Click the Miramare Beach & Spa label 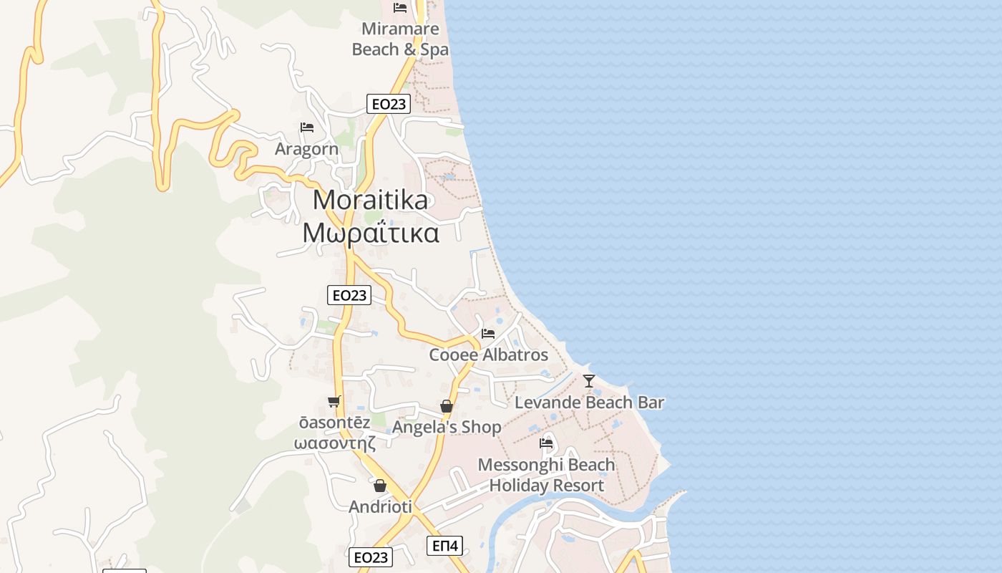(x=400, y=39)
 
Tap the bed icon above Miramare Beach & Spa (x=400, y=8)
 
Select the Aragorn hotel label (x=306, y=149)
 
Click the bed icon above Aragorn (x=307, y=127)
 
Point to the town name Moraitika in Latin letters (x=370, y=200)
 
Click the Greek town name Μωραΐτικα (x=370, y=233)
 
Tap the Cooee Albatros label (x=488, y=355)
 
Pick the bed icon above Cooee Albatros (x=488, y=334)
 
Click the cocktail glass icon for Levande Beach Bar (x=588, y=381)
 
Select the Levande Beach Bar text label (x=589, y=403)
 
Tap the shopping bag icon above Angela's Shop (x=447, y=407)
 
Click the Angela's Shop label (x=447, y=427)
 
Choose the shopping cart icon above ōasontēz (x=334, y=402)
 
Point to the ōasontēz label (x=335, y=423)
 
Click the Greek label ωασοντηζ (x=335, y=442)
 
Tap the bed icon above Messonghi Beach (x=546, y=443)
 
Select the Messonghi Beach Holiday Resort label (x=546, y=475)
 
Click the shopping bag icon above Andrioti (x=380, y=486)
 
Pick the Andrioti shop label (x=380, y=507)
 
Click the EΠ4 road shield (x=445, y=546)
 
